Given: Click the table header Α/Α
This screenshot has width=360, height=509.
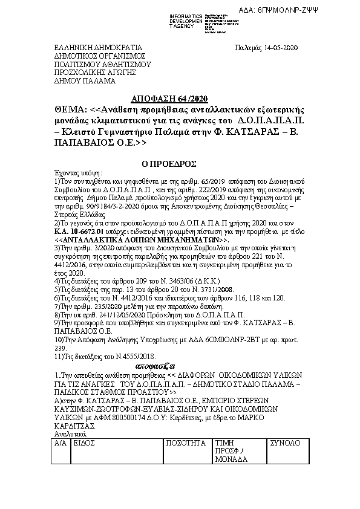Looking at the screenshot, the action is tap(59, 443).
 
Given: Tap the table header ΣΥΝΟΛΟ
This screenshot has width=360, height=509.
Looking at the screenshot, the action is tap(289, 443).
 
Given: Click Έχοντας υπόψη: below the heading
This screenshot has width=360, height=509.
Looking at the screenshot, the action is tap(79, 172).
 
